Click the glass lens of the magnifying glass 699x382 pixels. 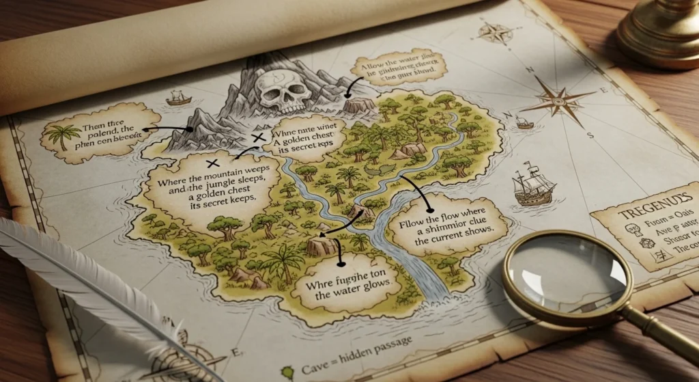click(x=567, y=271)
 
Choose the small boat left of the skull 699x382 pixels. click(x=179, y=100)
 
